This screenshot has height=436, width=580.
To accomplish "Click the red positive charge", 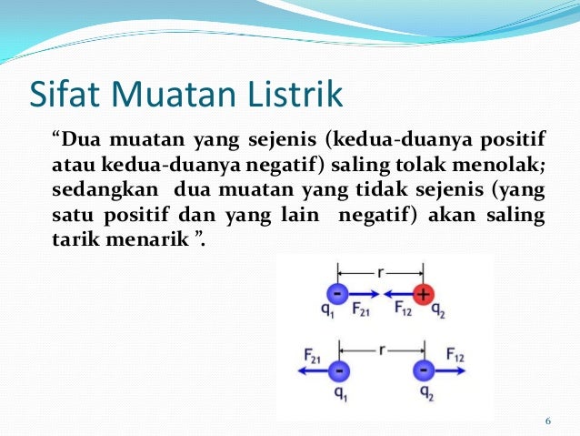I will [421, 295].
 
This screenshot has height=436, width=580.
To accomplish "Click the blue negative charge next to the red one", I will [337, 295].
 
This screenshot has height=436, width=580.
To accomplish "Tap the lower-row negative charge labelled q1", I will [337, 371].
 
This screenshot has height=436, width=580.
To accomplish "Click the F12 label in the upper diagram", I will [403, 309].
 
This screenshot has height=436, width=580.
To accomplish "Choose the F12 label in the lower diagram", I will [455, 356].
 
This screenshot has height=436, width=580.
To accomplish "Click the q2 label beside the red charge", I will [437, 309].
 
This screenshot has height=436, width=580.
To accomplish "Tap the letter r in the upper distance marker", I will [379, 270].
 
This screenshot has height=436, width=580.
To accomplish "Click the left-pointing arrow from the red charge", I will [396, 295].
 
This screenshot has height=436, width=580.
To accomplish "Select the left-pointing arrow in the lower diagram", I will [306, 371].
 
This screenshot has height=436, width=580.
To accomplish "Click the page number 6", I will [547, 421].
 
